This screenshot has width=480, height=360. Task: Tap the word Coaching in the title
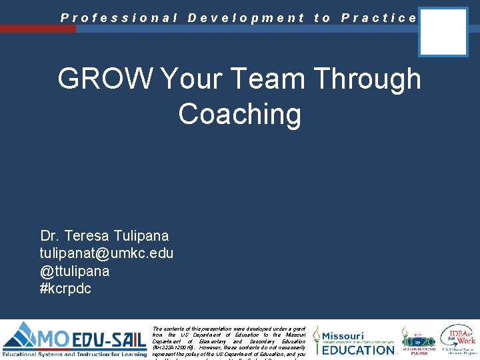(x=239, y=114)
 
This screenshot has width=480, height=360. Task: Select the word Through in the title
(x=368, y=79)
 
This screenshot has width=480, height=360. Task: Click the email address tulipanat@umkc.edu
(x=106, y=253)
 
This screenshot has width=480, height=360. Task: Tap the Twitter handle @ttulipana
(x=75, y=271)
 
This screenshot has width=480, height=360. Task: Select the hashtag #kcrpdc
(x=65, y=288)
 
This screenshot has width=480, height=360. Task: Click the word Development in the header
(x=246, y=18)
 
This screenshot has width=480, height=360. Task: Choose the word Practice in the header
(x=379, y=18)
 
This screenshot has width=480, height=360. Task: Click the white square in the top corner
(x=443, y=31)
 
